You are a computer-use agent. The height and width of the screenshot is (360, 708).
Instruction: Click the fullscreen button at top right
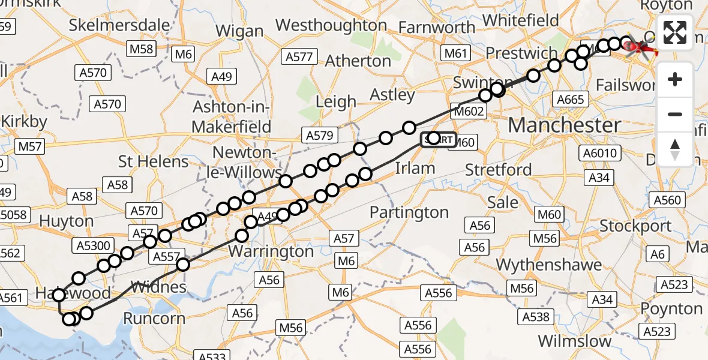coord(675,33)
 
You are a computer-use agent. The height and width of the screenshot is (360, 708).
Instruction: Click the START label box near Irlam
coord(438,139)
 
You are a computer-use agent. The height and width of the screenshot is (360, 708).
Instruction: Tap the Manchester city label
coord(565,125)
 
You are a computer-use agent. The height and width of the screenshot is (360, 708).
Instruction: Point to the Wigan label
coord(239,31)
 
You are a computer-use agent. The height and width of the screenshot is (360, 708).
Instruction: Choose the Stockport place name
coord(635,226)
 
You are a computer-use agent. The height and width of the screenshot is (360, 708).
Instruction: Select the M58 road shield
coord(142,49)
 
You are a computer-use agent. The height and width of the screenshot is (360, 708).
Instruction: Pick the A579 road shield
coord(319,136)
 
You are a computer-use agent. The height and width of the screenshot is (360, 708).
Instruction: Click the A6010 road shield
coord(600,154)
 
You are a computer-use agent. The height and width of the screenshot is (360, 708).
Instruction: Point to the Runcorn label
coord(154,318)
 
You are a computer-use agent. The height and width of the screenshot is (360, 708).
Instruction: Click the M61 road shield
coord(456,54)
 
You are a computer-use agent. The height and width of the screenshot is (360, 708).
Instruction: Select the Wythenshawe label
coord(548,265)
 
